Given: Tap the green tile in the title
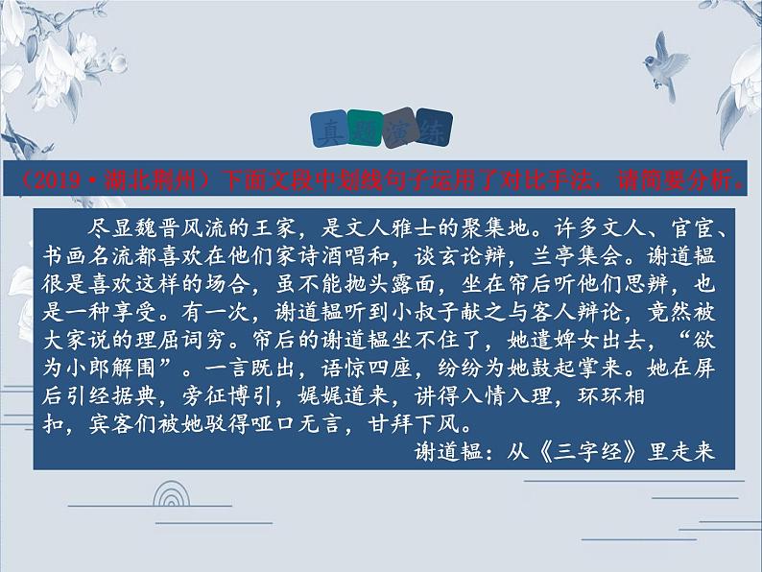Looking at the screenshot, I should tap(366, 127).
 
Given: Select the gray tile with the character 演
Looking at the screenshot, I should tap(399, 127).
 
